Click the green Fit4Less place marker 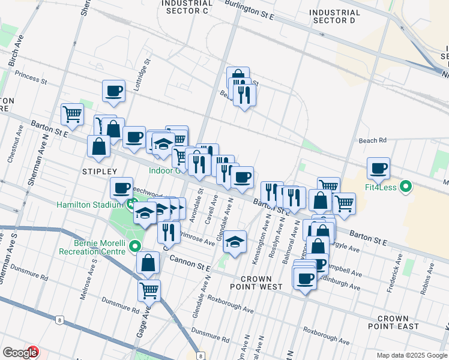406,187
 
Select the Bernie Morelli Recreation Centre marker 135,245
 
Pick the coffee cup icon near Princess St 113,92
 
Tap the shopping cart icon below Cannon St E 149,291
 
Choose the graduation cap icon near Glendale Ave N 235,242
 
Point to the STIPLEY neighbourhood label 98,172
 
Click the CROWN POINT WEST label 261,283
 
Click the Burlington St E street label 249,10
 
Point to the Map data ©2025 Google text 412,355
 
